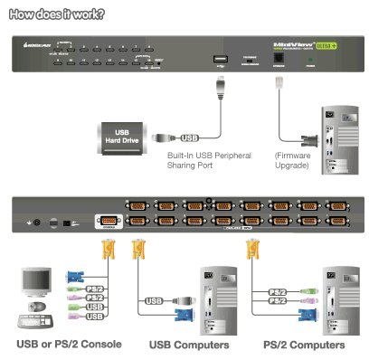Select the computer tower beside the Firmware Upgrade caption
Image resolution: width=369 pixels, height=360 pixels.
pos(336,140)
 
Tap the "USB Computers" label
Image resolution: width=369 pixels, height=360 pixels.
pos(188,345)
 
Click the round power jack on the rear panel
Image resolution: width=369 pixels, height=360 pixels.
pos(37,222)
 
